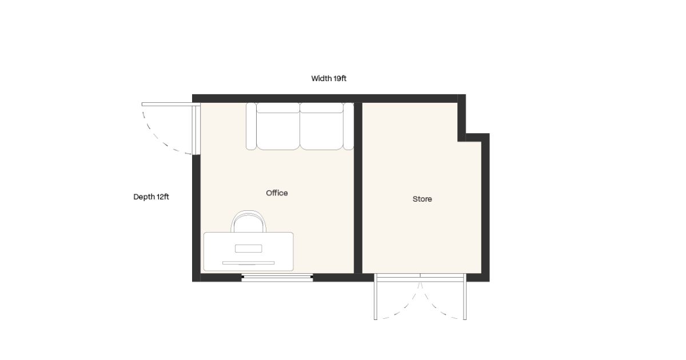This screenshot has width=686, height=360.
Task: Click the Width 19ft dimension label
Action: pos(329,79)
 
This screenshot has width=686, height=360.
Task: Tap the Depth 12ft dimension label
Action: pos(151,197)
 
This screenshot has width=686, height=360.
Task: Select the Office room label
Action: pos(277,193)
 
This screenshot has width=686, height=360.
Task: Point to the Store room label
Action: pos(422,199)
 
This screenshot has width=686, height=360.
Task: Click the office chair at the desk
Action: pos(248,221)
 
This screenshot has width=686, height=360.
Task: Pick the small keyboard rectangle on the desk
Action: pos(248,249)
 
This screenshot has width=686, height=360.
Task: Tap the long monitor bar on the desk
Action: pos(248,263)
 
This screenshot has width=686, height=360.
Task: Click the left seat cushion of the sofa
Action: pos(278,131)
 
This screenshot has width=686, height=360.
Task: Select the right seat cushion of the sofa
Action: pos(321,131)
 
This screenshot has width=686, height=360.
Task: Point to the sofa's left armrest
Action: pos(251,126)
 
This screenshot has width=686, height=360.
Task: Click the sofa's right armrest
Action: pos(349,126)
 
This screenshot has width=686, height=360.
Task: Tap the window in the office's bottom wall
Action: pos(277,277)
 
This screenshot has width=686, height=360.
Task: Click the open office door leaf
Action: pos(171,105)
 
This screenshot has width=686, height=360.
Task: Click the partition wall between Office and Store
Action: pos(358,187)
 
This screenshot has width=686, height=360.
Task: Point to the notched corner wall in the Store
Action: pos(473,138)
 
